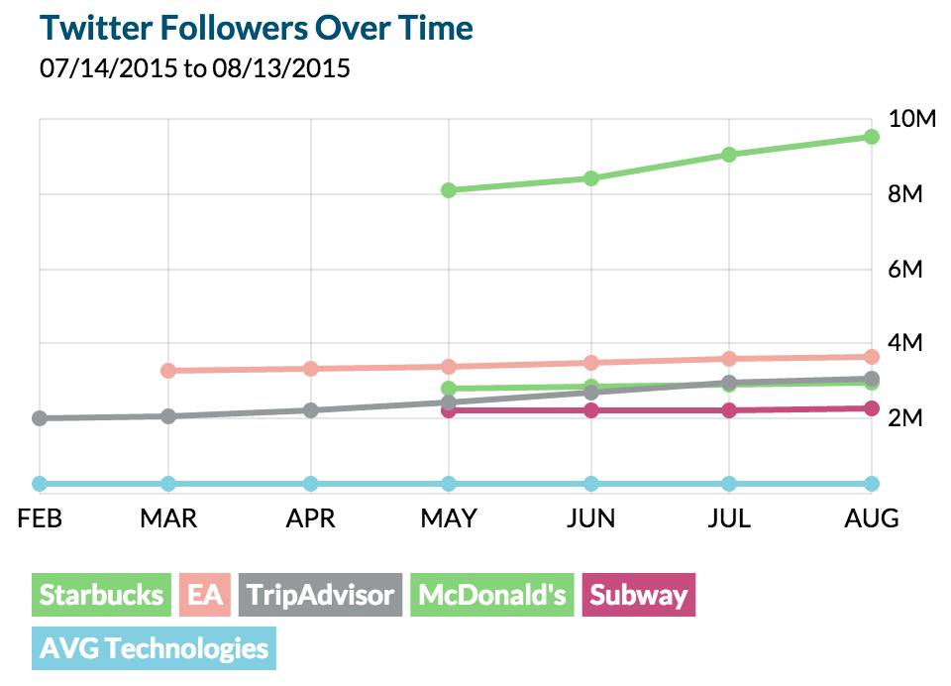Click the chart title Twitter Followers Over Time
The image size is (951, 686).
click(257, 28)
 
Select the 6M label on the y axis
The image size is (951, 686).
click(904, 269)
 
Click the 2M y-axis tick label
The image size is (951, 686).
click(904, 417)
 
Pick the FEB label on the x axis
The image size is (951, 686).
click(41, 518)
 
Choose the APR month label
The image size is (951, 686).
click(310, 518)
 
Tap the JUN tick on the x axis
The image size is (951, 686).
click(590, 518)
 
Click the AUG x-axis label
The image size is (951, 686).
click(871, 518)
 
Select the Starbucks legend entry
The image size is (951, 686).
click(101, 595)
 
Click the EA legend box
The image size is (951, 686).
click(205, 595)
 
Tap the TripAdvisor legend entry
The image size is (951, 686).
click(321, 595)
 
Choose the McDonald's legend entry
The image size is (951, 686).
click(492, 595)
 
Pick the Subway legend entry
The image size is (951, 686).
click(638, 595)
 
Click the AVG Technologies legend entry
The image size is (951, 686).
click(154, 649)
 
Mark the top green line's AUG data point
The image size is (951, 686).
click(872, 137)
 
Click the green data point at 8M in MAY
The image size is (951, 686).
click(450, 190)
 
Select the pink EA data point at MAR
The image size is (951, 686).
click(168, 371)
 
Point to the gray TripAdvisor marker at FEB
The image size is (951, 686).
click(40, 418)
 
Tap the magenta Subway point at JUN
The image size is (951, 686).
click(591, 410)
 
